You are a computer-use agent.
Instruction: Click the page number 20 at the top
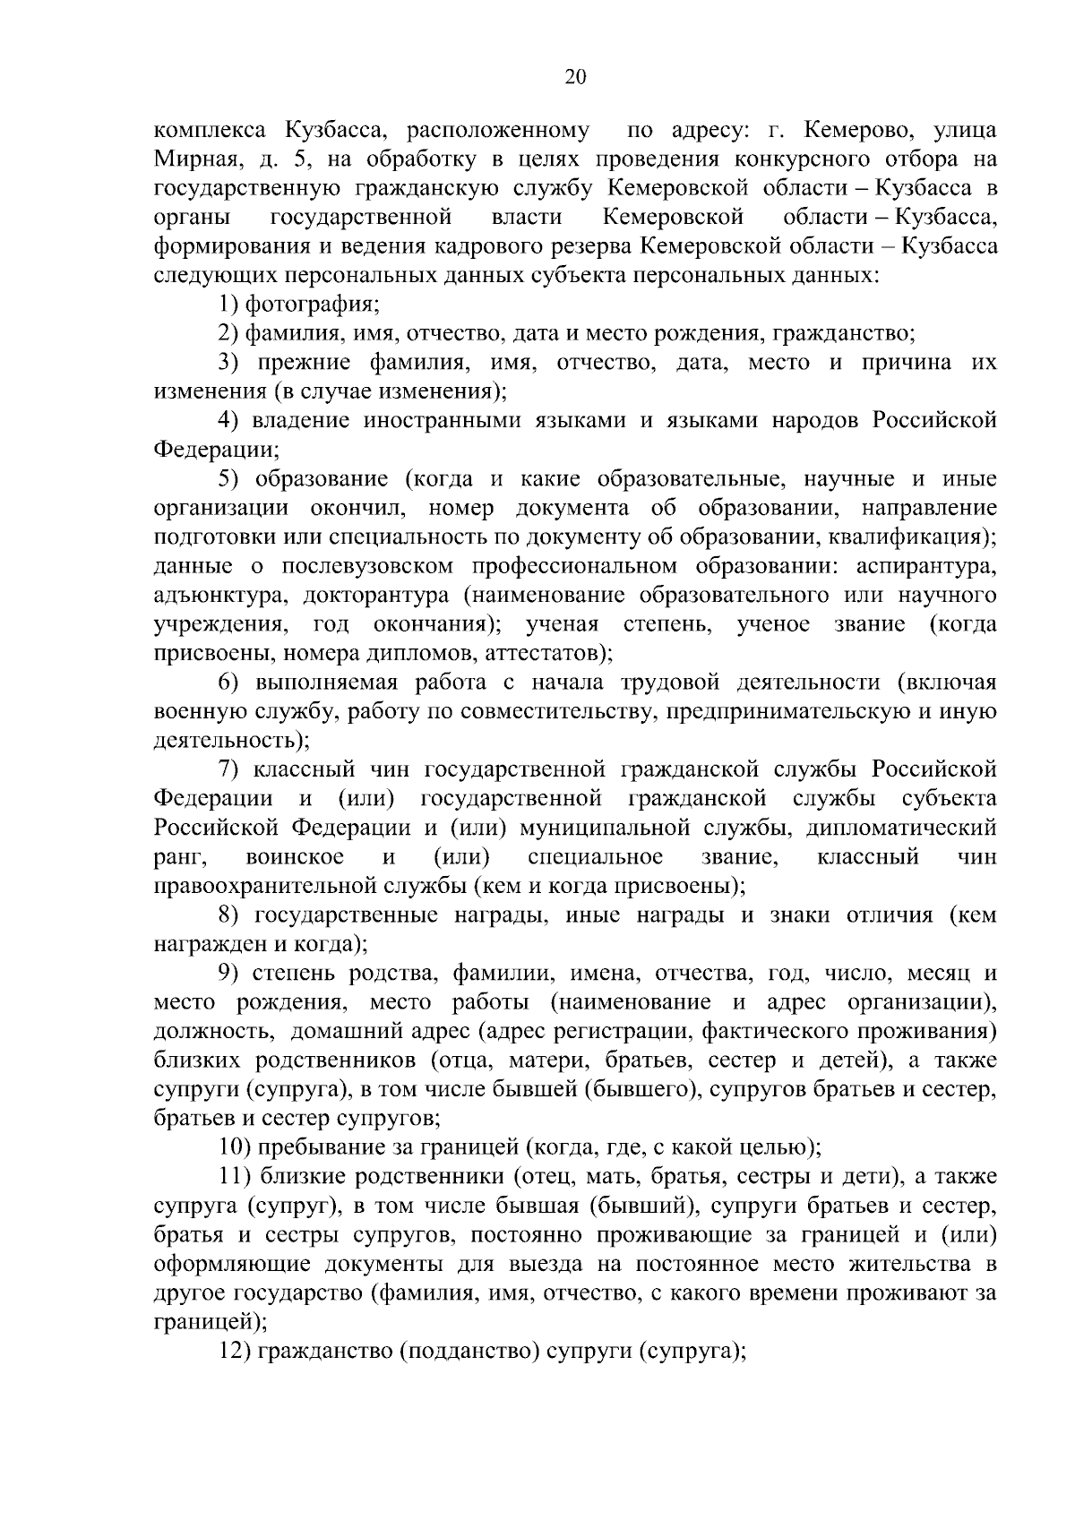coord(575,77)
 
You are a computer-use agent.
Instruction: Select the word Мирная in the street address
coord(188,159)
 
